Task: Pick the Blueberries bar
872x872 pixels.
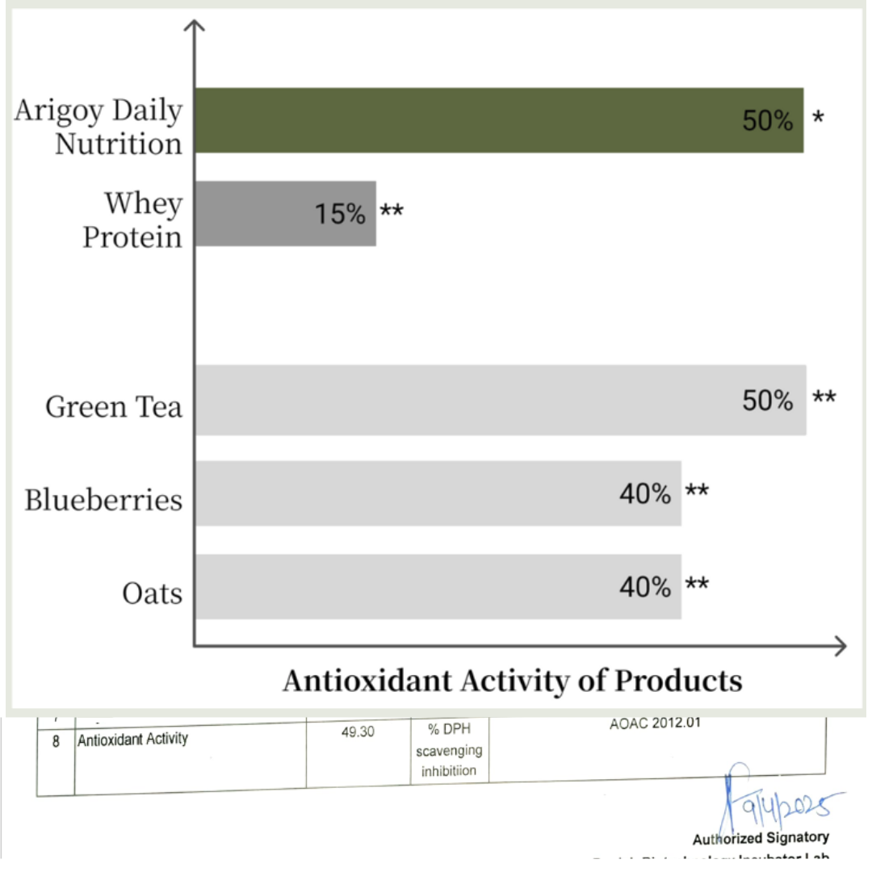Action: coord(404,493)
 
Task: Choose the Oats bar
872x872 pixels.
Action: coord(404,587)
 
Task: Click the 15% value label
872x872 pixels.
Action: coord(340,214)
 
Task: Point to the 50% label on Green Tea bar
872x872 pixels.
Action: coord(768,400)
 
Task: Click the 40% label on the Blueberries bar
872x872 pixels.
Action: coord(644,493)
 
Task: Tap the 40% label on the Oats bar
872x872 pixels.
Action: coord(644,587)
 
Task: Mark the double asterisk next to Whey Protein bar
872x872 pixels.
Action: coord(392,212)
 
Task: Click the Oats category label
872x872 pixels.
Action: coord(152,593)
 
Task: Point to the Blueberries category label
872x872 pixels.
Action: coord(103,500)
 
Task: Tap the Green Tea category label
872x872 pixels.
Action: coord(114,406)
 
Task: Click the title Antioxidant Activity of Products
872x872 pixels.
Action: coord(512,681)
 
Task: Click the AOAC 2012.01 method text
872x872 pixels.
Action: coord(655,723)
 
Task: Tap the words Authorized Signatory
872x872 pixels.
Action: coord(761,837)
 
